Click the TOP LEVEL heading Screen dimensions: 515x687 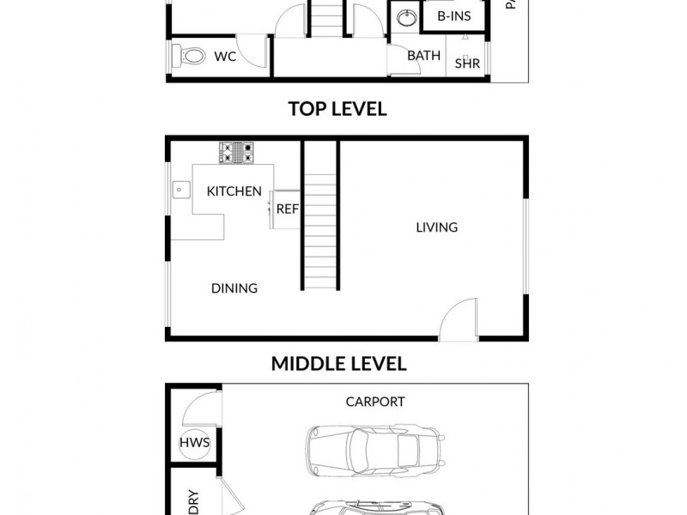click(x=337, y=109)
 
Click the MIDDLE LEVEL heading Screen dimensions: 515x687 click(x=338, y=364)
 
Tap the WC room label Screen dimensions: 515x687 click(x=225, y=57)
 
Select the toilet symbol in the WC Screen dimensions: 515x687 click(x=189, y=58)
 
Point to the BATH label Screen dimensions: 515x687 click(x=423, y=56)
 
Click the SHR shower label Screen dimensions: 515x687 click(x=467, y=63)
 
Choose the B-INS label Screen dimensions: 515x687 click(x=453, y=16)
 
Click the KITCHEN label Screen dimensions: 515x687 click(x=234, y=191)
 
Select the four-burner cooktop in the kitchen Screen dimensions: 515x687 click(x=237, y=153)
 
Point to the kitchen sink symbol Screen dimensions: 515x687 click(x=180, y=189)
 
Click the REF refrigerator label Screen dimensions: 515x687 click(x=286, y=209)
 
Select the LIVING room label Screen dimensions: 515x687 click(x=436, y=227)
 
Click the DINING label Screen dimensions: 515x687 click(x=234, y=288)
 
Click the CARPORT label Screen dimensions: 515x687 click(x=375, y=402)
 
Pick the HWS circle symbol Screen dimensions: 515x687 click(x=194, y=443)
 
